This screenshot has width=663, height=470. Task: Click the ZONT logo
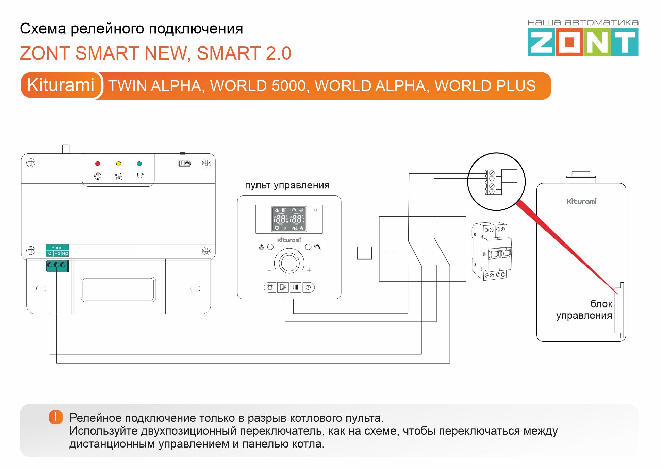[x=583, y=42]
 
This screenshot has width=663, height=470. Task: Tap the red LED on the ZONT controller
[x=98, y=163]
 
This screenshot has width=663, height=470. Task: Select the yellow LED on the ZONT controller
[x=118, y=164]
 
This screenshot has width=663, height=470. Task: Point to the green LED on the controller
[x=139, y=164]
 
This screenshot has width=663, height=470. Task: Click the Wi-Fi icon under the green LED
[x=139, y=176]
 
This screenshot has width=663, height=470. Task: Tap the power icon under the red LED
[x=98, y=176]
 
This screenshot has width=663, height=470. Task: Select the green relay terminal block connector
[x=57, y=266]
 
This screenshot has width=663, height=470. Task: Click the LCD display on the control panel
[x=289, y=219]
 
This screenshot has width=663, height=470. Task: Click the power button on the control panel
[x=308, y=287]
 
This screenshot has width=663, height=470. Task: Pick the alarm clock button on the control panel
[x=270, y=287]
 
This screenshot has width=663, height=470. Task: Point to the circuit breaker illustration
[x=492, y=251]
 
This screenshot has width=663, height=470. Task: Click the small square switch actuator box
[x=364, y=253]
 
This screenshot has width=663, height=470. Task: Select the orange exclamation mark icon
[x=56, y=417]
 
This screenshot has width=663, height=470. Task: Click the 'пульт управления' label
[x=287, y=185]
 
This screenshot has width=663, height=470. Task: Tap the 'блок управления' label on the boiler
[x=584, y=310]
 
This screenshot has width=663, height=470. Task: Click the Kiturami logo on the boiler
[x=581, y=201]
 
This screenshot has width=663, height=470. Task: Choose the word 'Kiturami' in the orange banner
[x=61, y=85]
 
